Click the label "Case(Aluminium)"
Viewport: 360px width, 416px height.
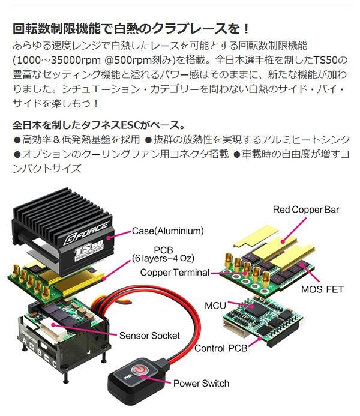(168, 231)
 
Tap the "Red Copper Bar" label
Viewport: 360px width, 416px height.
(306, 210)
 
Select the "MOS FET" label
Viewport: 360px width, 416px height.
(322, 289)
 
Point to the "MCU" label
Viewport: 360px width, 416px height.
(215, 306)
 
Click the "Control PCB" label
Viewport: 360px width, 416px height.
(221, 348)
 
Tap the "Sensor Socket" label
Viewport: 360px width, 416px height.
(149, 336)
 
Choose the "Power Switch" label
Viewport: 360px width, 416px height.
(201, 384)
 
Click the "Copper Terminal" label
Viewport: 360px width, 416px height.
(175, 273)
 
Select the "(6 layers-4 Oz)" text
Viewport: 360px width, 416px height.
(163, 258)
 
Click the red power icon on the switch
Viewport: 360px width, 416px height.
(139, 369)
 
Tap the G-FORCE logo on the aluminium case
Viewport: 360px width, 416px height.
(86, 233)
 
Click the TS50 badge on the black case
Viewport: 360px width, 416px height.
(89, 250)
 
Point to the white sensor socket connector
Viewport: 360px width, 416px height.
(52, 327)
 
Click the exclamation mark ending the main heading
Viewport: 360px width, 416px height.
(246, 29)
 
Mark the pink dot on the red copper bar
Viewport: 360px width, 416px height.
(283, 241)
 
